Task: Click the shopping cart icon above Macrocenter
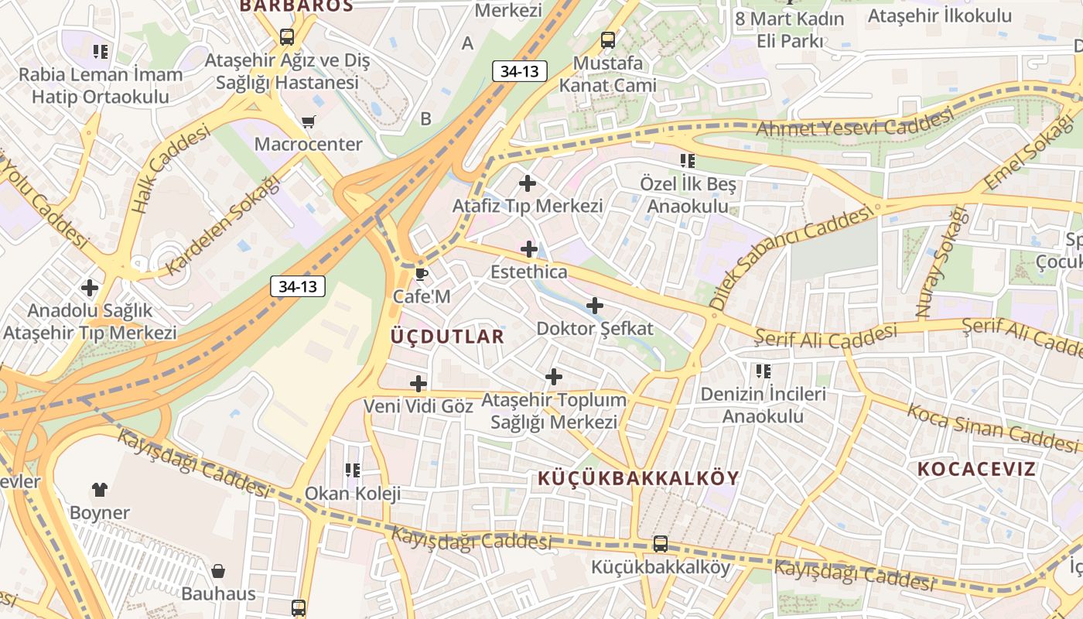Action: point(308,121)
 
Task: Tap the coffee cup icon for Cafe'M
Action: point(421,274)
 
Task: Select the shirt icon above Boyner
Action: point(100,489)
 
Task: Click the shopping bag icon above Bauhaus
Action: point(218,571)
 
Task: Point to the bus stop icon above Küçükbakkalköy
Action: point(660,544)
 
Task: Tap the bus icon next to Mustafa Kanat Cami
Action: point(608,40)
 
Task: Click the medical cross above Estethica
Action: point(529,249)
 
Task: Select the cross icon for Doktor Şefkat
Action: point(594,306)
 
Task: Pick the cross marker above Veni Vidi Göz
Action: point(418,383)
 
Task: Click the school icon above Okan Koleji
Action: point(353,470)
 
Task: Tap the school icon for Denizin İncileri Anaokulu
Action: point(764,371)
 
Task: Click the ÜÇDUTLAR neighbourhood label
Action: point(448,337)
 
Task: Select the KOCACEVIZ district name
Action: point(976,469)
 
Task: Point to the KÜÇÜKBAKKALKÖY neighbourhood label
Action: point(638,478)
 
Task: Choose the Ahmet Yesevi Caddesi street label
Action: point(854,124)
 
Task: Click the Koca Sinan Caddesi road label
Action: point(992,428)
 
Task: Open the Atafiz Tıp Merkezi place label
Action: point(528,207)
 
